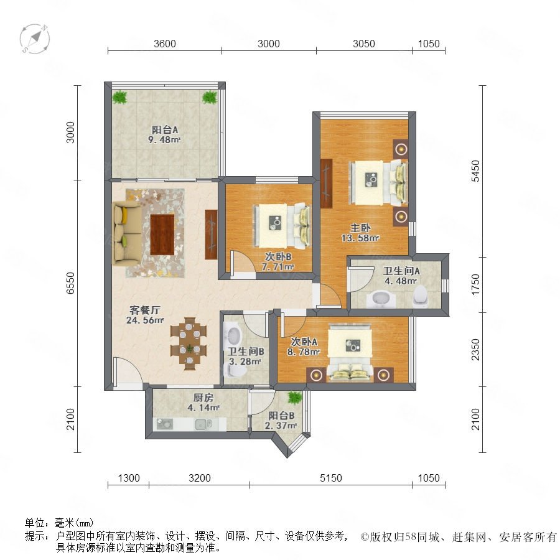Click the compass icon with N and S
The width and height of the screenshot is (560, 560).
[x=35, y=39]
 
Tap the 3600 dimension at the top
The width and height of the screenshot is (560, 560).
[x=165, y=44]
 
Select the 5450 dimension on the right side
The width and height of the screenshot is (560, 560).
[x=475, y=171]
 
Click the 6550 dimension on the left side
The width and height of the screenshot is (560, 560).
[x=71, y=283]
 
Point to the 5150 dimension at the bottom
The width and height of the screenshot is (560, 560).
[x=331, y=478]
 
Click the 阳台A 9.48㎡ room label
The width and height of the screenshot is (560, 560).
[x=164, y=134]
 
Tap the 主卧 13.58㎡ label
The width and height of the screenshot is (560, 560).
[x=360, y=233]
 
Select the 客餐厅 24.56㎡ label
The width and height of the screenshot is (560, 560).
[x=144, y=315]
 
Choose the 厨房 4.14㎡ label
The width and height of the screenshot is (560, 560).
[x=203, y=402]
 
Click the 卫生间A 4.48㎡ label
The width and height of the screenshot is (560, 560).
[x=401, y=276]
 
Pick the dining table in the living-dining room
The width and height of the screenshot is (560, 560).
[x=189, y=343]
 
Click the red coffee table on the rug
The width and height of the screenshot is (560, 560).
[x=162, y=235]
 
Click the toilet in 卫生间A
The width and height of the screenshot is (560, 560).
[x=421, y=296]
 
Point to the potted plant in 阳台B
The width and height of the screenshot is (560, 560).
[x=295, y=397]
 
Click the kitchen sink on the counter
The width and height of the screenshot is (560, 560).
[x=203, y=424]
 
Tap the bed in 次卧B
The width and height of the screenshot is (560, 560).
[x=282, y=226]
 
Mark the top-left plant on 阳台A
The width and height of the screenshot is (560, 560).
[x=119, y=96]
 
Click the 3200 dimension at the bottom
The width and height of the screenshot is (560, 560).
[x=200, y=478]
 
